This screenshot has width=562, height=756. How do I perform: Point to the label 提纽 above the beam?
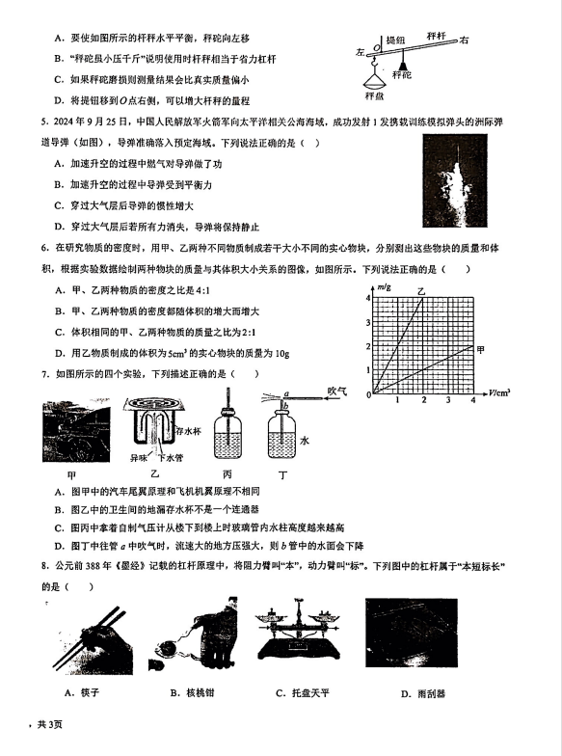click(x=395, y=40)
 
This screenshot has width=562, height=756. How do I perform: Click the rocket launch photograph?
click(x=455, y=180)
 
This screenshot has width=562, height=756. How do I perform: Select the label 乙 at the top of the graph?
click(x=422, y=291)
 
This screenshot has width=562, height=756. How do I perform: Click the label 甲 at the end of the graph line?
click(x=480, y=349)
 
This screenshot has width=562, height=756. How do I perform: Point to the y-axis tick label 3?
click(x=368, y=322)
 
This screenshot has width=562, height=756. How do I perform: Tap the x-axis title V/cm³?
click(x=499, y=393)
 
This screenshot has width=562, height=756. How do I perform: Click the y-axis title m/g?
click(x=384, y=287)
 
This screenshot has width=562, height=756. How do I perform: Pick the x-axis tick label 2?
click(x=424, y=399)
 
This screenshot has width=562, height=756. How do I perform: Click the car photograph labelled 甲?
click(x=76, y=430)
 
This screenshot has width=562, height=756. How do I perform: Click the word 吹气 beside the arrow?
click(x=337, y=391)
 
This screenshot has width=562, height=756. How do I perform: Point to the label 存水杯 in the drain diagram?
click(x=189, y=431)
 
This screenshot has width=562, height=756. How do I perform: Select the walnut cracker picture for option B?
click(x=198, y=634)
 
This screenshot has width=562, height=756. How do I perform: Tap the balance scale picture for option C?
click(x=300, y=630)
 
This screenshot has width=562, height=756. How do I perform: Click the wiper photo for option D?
click(x=412, y=633)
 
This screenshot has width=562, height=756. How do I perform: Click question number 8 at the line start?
click(x=44, y=566)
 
